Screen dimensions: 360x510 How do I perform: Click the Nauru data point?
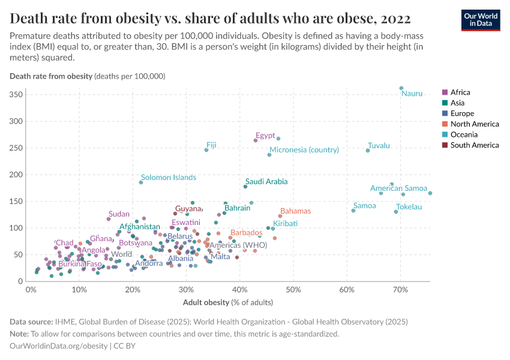[x=401, y=88]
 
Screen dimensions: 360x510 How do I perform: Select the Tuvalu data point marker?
[x=368, y=150]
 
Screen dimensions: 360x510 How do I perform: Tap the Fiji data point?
[x=206, y=150]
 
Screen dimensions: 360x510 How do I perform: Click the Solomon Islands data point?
[x=141, y=182]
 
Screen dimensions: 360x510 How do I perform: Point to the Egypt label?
[x=265, y=135]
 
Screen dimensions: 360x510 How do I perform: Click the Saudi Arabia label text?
[x=266, y=181]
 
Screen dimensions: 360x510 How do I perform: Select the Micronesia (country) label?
[x=304, y=150]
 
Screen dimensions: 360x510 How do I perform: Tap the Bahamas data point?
[x=280, y=216]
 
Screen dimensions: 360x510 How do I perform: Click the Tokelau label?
[x=409, y=206]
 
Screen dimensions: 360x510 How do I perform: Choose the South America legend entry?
[x=474, y=145]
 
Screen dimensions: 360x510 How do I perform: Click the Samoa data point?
[x=353, y=210]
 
